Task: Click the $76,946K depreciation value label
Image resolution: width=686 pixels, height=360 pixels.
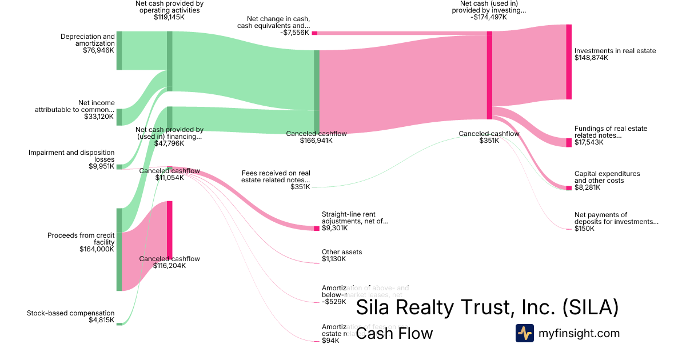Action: (98, 50)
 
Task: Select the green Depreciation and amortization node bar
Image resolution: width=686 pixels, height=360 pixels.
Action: (119, 51)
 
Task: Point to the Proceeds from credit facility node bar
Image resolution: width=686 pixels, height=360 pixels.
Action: (119, 250)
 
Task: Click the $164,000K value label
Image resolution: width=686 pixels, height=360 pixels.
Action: (97, 249)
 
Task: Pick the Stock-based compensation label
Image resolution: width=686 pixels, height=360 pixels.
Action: (71, 313)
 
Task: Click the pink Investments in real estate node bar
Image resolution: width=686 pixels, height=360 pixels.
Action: (569, 62)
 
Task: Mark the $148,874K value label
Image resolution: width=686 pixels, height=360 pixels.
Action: (592, 58)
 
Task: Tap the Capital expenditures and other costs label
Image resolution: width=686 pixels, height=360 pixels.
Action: (607, 177)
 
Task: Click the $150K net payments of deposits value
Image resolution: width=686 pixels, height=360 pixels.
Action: (584, 229)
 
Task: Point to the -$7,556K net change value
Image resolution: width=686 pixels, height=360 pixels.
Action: (295, 33)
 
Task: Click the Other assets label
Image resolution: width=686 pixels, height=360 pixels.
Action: (342, 252)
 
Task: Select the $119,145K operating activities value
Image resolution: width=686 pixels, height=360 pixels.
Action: (169, 17)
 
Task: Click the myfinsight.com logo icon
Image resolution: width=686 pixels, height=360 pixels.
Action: (525, 333)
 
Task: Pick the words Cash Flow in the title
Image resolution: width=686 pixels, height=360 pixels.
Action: (394, 333)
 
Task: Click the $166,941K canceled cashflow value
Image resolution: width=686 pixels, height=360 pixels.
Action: (316, 141)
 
